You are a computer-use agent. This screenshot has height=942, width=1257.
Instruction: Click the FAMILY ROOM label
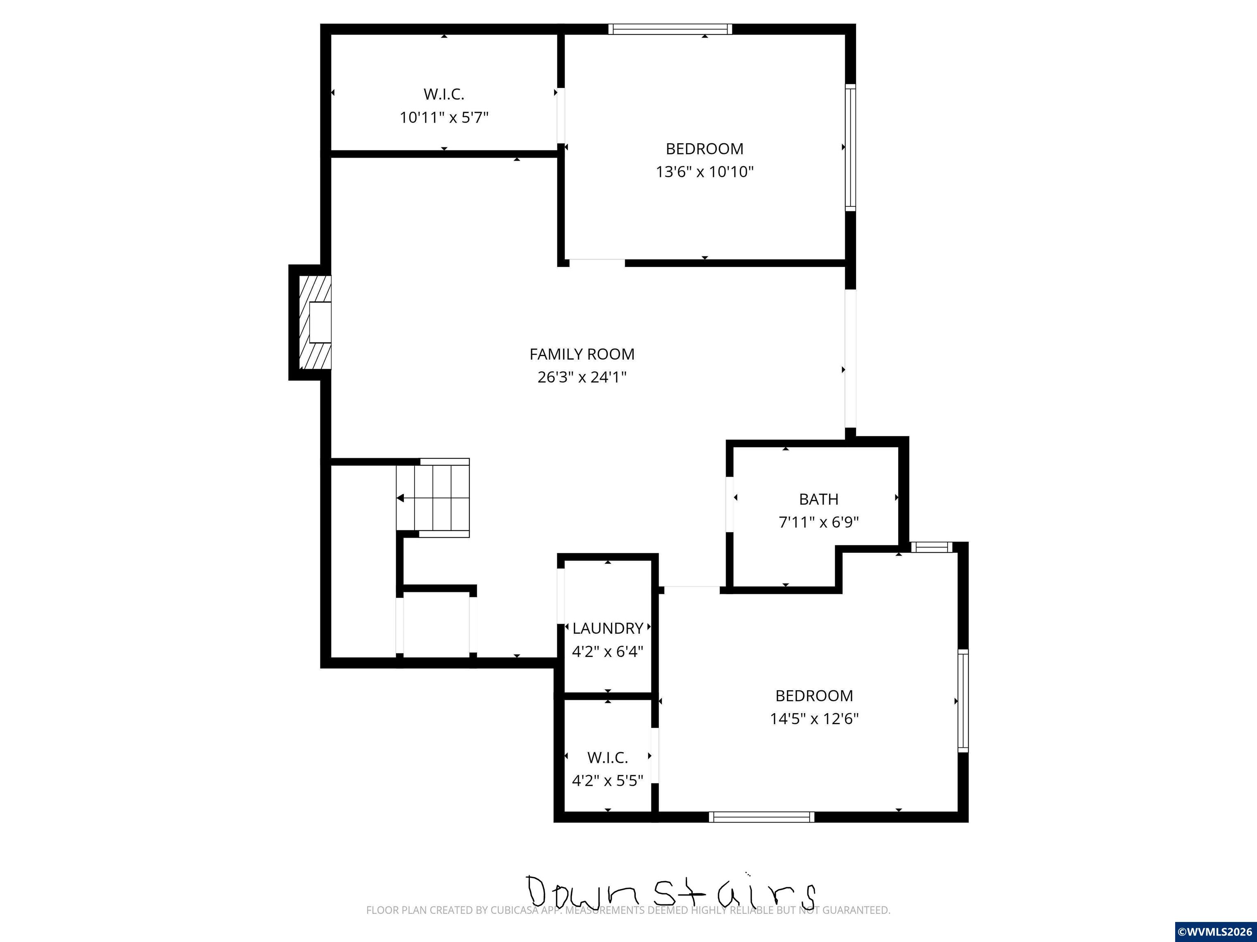point(582,354)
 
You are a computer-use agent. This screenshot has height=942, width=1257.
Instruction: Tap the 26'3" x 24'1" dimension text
point(582,377)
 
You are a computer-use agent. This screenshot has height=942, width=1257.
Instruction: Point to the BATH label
point(818,499)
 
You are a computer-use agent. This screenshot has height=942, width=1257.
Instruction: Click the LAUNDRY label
point(608,628)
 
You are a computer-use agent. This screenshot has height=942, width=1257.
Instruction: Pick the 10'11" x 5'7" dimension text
point(444,117)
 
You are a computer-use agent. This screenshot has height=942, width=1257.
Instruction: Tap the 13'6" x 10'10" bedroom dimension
point(705,171)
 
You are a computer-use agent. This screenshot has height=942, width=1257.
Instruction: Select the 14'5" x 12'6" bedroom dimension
point(814,719)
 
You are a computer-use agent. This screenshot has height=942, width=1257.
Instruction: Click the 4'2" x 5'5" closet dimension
point(608,781)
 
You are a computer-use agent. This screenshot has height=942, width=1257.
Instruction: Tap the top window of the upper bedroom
point(670,29)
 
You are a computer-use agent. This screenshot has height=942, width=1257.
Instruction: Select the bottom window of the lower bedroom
point(761,817)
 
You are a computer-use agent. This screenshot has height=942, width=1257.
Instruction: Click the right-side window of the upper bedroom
point(850,148)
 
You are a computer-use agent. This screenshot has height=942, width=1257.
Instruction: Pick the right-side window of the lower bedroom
point(963,701)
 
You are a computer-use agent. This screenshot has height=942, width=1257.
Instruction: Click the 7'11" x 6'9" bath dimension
point(818,522)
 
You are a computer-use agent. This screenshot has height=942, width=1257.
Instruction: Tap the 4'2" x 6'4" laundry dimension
point(608,651)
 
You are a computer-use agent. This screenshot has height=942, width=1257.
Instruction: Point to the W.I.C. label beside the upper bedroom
point(444,94)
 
